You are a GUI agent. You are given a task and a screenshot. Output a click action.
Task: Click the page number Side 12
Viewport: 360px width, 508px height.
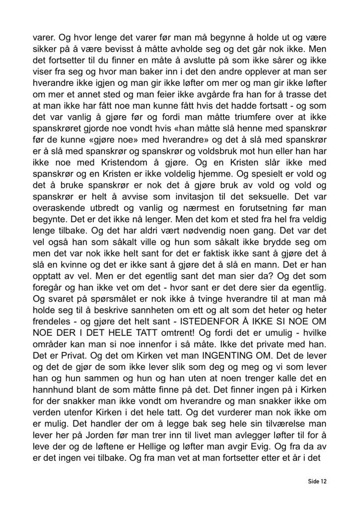(x=316, y=481)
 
